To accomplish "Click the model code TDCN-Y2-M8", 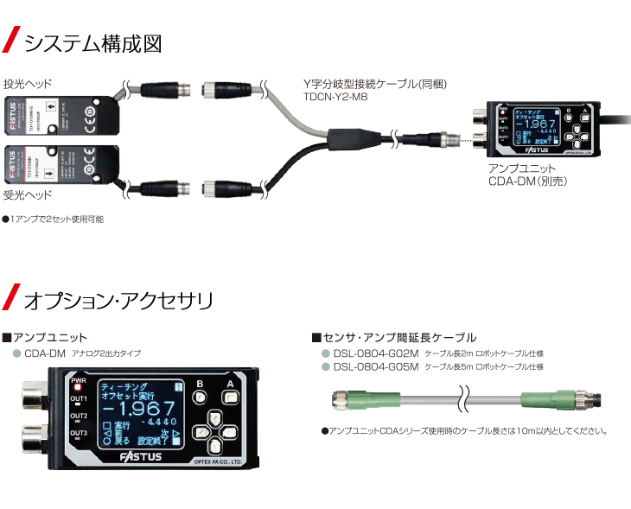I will pyautogui.click(x=334, y=99).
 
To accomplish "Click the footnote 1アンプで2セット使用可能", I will pyautogui.click(x=54, y=220).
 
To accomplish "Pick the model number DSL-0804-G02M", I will pyautogui.click(x=375, y=353).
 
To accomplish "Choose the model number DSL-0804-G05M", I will pyautogui.click(x=375, y=366).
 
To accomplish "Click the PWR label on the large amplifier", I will pyautogui.click(x=79, y=379).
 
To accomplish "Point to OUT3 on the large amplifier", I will pyautogui.click(x=79, y=432).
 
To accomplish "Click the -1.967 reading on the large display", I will pyautogui.click(x=136, y=407).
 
